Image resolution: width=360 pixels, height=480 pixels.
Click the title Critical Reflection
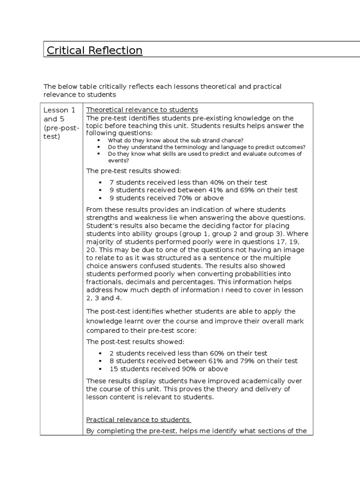pos(93,50)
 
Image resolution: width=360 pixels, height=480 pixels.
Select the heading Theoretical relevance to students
pos(142,110)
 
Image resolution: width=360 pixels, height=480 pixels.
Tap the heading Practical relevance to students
pos(138,420)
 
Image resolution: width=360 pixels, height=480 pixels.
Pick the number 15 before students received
pos(113,369)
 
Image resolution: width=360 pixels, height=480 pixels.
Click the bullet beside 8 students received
pos(101,361)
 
